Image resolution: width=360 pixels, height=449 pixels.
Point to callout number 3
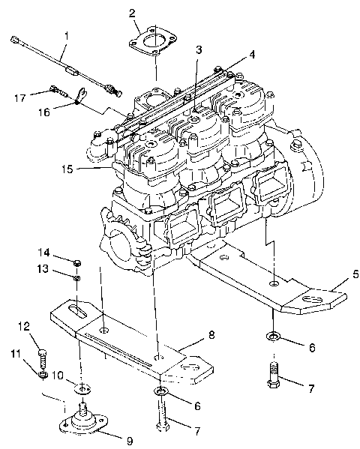197,50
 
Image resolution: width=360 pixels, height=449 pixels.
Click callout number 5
335,274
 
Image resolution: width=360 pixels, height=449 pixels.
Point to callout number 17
21,97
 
